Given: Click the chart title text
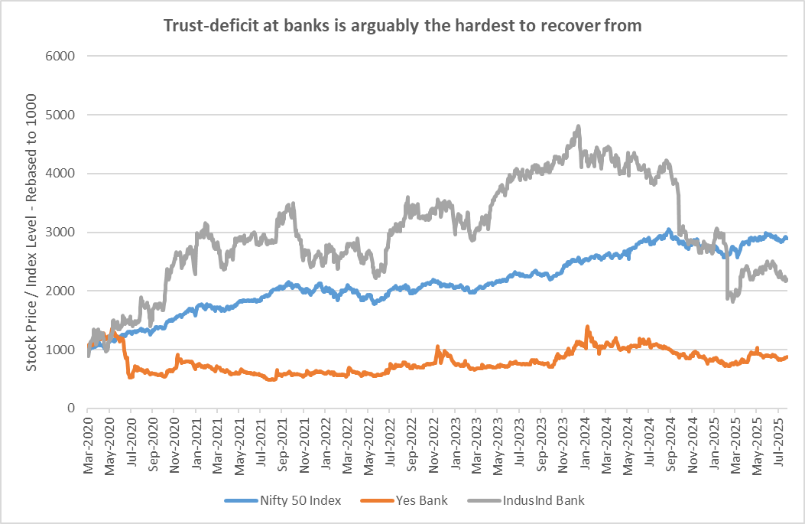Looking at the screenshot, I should tap(402, 25).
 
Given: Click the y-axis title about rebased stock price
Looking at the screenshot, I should tap(31, 233).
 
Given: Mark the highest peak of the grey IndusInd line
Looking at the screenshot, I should tap(579, 126).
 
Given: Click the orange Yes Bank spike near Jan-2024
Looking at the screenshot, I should tap(587, 327).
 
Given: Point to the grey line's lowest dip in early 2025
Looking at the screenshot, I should tap(732, 301).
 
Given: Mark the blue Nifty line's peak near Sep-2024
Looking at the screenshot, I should tap(668, 229).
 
